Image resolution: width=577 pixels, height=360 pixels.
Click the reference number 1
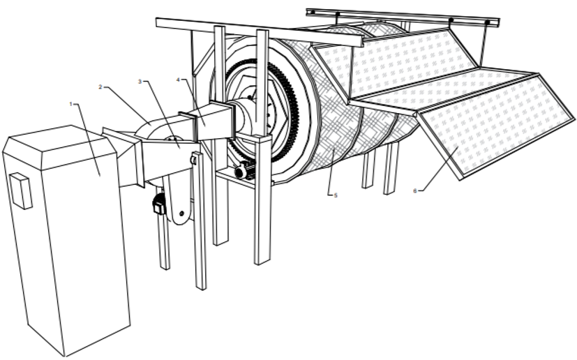[x=71, y=104]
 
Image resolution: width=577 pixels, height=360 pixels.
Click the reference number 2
[x=101, y=87]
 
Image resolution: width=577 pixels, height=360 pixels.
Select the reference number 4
[x=179, y=80]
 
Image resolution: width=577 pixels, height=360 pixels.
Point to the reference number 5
[x=336, y=195]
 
